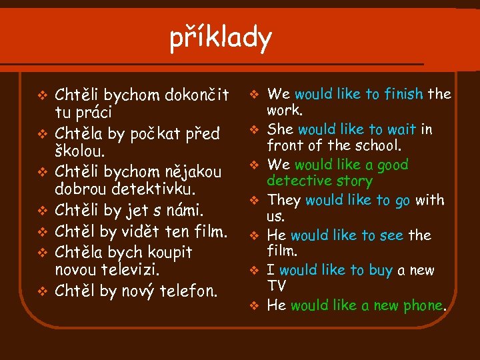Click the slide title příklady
pos(221,39)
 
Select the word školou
pos(79,151)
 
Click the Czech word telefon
pos(189,291)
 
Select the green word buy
pos(380,270)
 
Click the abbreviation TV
pos(276,286)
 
